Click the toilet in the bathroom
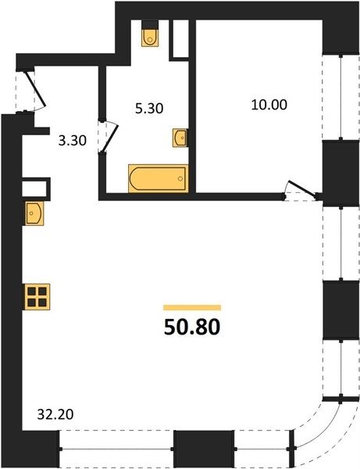tap(150, 37)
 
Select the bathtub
tap(158, 178)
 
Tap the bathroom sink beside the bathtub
tap(180, 138)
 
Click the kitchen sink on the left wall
tap(34, 213)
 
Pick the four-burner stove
tap(37, 297)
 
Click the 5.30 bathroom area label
tap(149, 109)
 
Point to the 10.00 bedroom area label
tap(269, 105)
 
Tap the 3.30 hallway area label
tap(73, 141)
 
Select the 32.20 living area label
tap(55, 414)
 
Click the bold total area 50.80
tap(192, 327)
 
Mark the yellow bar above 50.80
tap(192, 307)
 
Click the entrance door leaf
tap(35, 89)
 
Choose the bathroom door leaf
tap(110, 138)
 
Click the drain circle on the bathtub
tap(180, 178)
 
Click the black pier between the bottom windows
tap(204, 449)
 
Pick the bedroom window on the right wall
tap(340, 97)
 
